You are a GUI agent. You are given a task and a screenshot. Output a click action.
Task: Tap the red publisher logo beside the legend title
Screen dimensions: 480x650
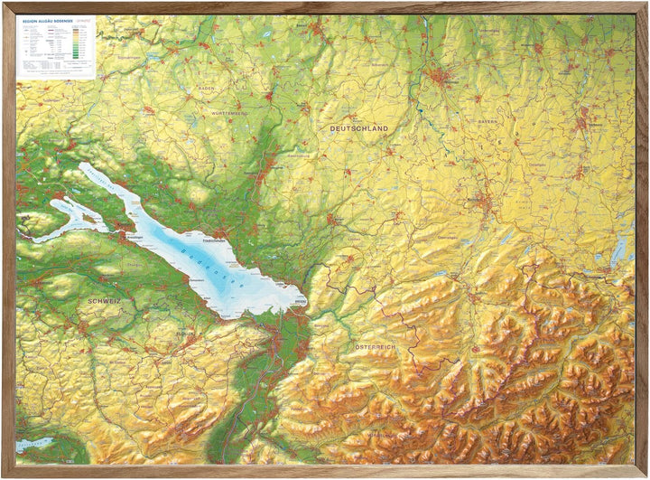click(x=86, y=20)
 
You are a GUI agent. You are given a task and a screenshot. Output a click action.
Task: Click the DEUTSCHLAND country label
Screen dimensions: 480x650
click(x=358, y=129)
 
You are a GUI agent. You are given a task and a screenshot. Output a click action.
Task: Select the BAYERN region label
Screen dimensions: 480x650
click(x=488, y=120)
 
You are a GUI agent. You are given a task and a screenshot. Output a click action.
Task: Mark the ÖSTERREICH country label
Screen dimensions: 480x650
click(x=375, y=348)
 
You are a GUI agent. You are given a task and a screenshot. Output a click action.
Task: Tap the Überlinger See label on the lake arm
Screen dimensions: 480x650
click(x=108, y=179)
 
